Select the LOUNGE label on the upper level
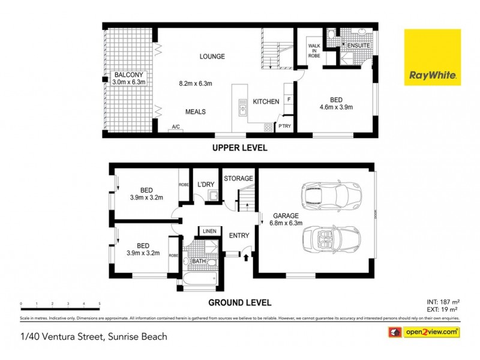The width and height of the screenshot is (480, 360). (212, 57)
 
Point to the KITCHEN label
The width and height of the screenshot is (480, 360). (265, 102)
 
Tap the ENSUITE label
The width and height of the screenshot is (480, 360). (358, 46)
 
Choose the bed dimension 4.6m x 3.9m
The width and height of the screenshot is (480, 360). (336, 108)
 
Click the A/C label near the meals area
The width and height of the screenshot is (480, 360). (176, 127)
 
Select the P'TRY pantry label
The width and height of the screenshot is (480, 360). (284, 126)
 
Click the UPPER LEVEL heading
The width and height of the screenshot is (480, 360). (239, 148)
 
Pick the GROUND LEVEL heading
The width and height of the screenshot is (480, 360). (239, 303)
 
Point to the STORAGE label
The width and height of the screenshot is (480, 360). (238, 179)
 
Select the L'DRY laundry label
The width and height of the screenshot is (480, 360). (206, 184)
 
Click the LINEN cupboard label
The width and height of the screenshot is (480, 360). (209, 231)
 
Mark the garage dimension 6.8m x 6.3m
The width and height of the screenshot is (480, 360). (287, 223)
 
